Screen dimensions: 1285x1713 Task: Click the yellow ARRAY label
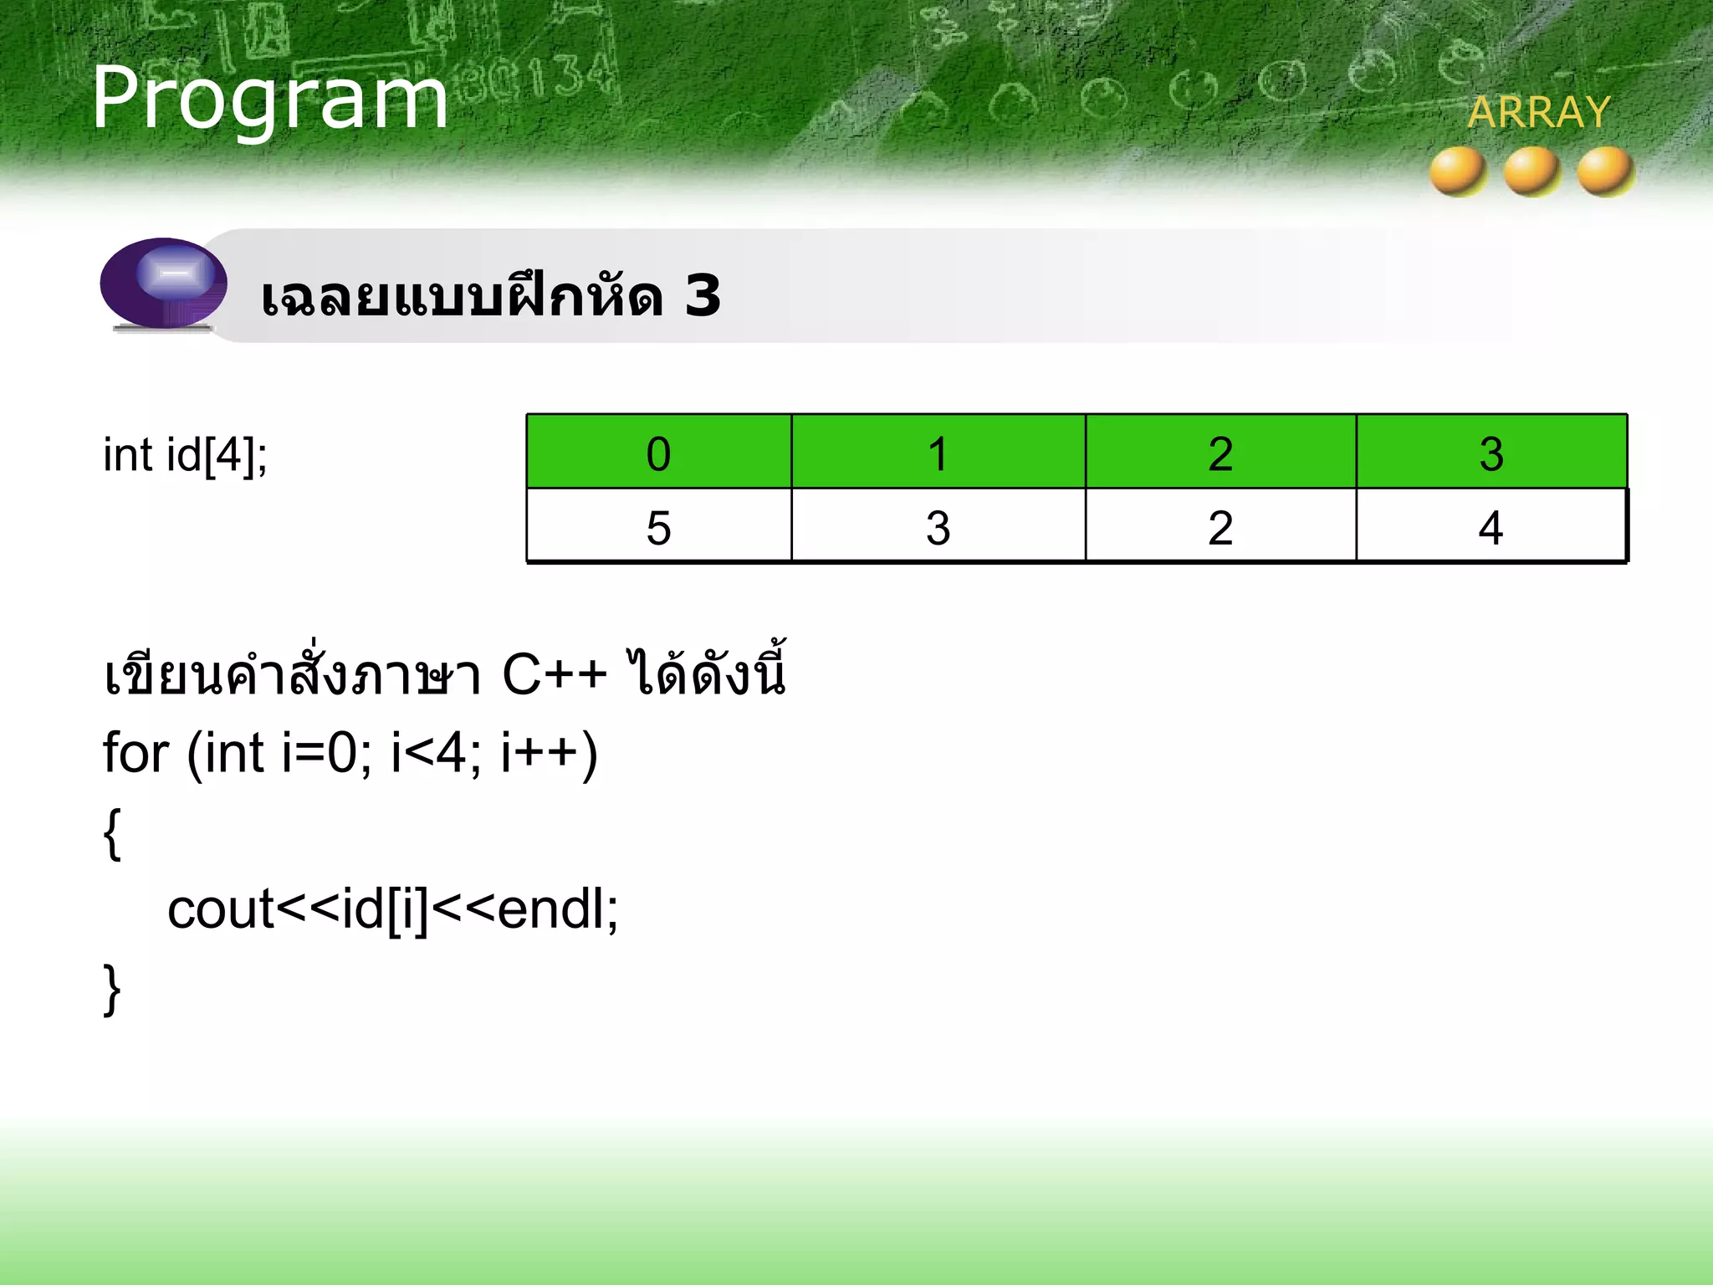(1538, 112)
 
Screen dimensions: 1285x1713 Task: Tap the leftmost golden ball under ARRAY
(1458, 171)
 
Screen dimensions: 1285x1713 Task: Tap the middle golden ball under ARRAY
(1531, 171)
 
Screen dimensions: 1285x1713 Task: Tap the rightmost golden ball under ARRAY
(1605, 171)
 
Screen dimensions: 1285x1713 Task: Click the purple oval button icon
(164, 283)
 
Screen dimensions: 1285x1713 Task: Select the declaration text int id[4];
(185, 456)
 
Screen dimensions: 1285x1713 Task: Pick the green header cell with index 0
(658, 453)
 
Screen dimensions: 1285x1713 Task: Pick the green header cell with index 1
(938, 453)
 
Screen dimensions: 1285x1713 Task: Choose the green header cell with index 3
(1491, 453)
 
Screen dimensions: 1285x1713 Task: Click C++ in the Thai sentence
(554, 674)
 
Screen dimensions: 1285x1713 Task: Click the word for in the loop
(136, 752)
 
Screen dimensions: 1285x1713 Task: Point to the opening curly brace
(112, 833)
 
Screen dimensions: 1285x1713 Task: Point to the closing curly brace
(112, 989)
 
